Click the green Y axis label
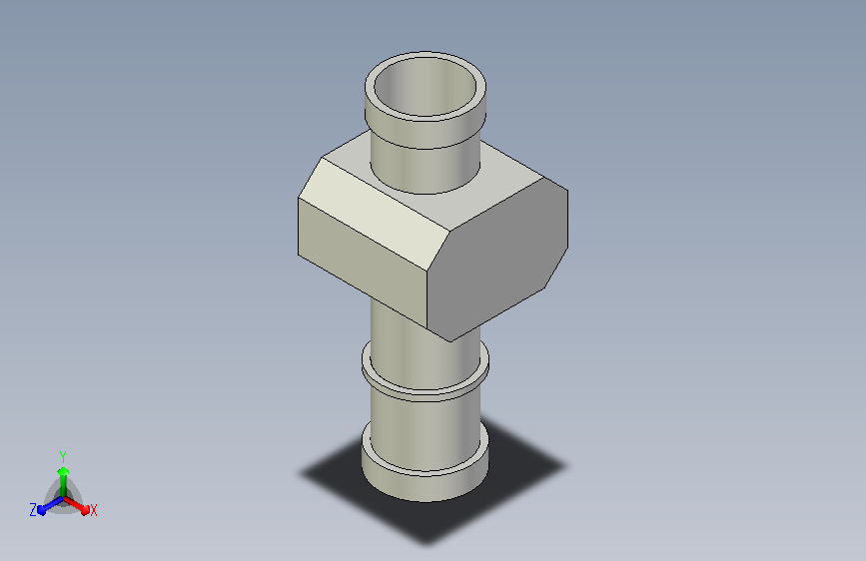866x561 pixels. (63, 457)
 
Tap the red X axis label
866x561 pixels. (93, 510)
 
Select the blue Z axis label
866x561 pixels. (33, 510)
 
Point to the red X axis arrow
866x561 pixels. (76, 505)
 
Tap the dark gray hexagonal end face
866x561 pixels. (497, 259)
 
